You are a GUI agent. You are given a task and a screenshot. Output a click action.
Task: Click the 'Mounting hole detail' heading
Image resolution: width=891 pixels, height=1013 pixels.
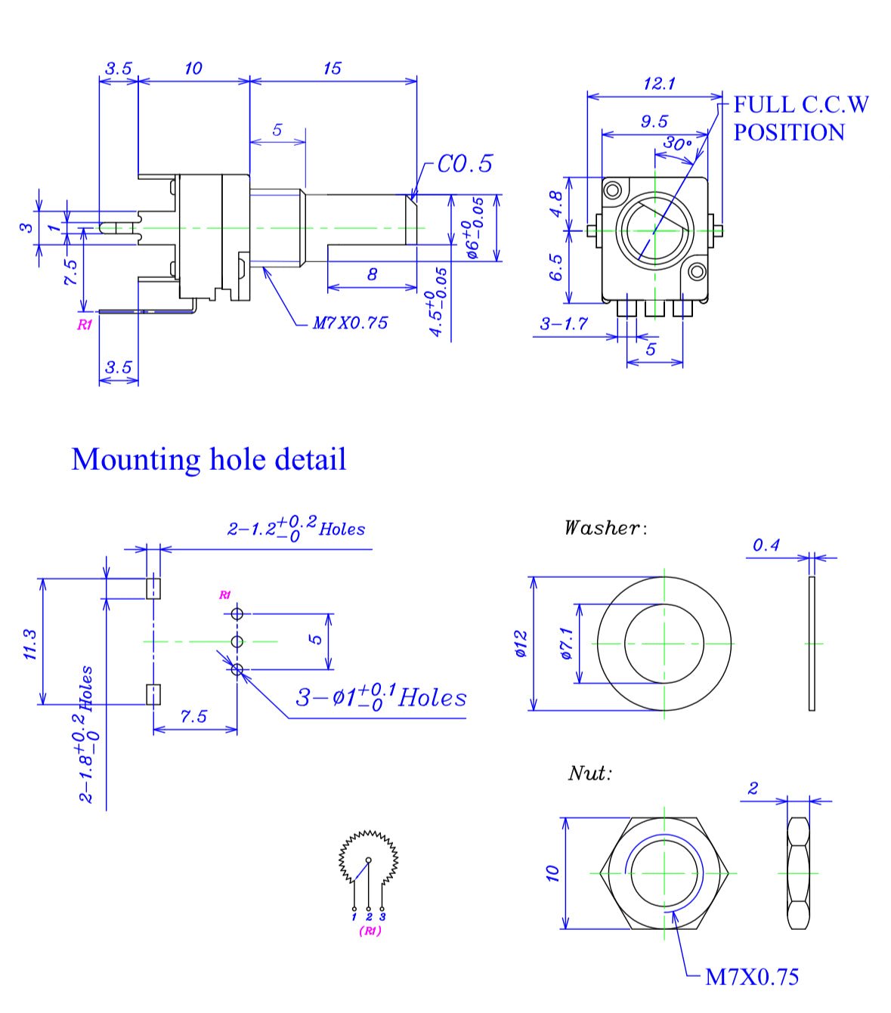coord(209,459)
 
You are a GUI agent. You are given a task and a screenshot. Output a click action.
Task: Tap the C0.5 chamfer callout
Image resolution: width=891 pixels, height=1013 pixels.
coord(465,163)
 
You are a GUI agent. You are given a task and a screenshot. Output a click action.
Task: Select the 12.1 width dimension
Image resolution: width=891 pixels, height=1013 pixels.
coord(659,83)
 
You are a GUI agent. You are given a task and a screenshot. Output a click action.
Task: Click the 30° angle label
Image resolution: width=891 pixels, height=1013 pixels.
coord(677,144)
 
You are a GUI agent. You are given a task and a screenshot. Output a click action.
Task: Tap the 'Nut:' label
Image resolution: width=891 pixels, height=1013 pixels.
coord(589,773)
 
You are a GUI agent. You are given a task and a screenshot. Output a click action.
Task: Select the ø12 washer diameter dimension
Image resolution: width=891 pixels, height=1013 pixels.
coord(521,644)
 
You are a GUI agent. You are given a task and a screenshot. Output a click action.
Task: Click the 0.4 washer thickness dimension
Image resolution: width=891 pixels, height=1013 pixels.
coord(766,545)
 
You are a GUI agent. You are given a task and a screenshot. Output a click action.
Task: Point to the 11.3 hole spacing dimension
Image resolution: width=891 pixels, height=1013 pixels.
coord(31,644)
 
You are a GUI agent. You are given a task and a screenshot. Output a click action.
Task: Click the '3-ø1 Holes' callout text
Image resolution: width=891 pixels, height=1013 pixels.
coord(380,696)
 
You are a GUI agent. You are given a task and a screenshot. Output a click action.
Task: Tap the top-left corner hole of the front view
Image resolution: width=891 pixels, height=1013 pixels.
coord(613,189)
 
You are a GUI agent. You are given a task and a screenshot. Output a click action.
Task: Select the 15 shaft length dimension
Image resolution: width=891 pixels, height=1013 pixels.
coord(332,68)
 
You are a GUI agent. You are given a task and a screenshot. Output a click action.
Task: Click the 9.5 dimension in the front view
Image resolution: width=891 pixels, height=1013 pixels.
coord(654,121)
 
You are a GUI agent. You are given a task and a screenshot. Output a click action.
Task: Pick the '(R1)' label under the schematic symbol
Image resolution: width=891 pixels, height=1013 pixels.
coord(370,931)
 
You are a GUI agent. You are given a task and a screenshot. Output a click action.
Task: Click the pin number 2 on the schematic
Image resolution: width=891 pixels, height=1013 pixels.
coord(369,917)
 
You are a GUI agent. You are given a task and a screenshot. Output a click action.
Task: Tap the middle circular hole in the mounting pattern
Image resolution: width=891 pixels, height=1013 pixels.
coord(237,642)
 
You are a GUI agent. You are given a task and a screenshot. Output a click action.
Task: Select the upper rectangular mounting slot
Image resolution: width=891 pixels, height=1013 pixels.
coord(153,587)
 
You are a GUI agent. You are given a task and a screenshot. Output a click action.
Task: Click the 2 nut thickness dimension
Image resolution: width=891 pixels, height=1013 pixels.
coord(753,789)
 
